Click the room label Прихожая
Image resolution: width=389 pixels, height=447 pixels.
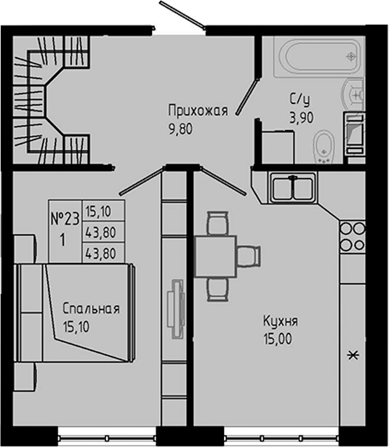click(x=198, y=111)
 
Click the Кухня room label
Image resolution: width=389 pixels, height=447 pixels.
click(x=280, y=321)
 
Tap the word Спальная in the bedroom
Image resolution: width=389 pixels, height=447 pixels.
click(x=90, y=308)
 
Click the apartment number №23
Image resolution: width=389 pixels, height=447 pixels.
click(x=65, y=218)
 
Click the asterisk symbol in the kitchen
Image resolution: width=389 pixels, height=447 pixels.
click(x=354, y=355)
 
